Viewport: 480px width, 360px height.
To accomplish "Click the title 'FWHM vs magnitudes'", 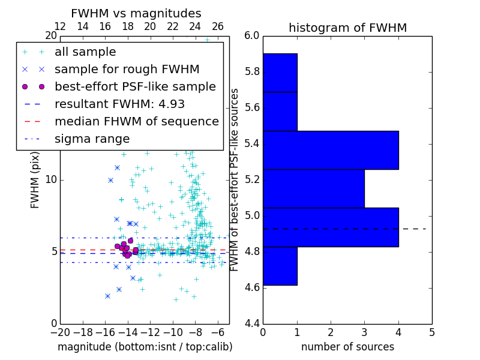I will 136,13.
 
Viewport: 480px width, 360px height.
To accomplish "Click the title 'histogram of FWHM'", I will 347,28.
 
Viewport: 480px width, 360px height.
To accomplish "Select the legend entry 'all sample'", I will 85,52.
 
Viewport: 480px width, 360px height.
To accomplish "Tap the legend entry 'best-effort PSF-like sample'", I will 135,86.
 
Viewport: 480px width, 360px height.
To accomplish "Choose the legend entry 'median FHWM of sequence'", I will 136,121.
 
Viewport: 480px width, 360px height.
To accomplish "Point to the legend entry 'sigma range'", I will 92,139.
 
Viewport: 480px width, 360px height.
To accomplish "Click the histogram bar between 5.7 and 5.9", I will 280,73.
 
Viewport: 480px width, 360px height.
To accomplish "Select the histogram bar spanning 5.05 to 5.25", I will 313,188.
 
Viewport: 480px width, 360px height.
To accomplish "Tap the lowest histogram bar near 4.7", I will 280,266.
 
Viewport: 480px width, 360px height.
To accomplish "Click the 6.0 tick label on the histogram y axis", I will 252,36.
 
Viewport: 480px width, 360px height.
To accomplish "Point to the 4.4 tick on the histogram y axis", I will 252,324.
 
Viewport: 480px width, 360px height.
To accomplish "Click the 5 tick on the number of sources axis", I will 432,331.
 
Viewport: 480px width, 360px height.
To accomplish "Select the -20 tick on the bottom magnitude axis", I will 60,331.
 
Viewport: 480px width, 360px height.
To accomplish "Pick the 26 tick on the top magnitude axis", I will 218,26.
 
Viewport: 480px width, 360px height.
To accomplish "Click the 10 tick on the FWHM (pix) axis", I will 51,179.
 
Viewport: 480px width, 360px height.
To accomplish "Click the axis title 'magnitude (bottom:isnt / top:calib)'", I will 145,347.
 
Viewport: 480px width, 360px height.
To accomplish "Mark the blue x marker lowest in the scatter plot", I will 107,296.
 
